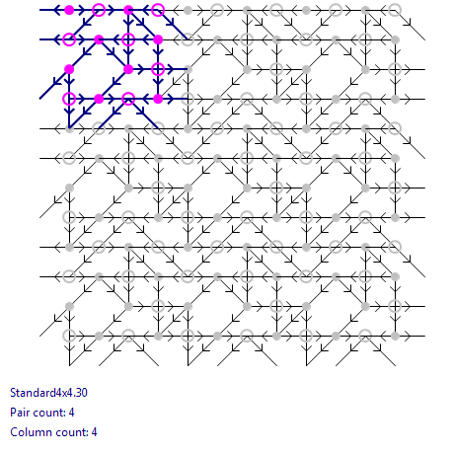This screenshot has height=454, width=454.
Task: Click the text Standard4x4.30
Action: point(48,393)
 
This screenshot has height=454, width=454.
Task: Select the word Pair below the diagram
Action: point(19,413)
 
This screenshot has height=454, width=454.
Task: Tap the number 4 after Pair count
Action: point(71,413)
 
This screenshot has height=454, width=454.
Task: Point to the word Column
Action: point(28,432)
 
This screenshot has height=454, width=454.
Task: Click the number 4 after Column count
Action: point(94,432)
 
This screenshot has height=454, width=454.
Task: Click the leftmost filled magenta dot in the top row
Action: point(69,10)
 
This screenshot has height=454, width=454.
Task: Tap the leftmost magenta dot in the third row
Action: point(69,69)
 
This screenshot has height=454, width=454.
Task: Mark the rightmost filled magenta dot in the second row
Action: point(158,39)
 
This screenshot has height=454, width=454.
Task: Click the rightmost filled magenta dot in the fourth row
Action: point(158,99)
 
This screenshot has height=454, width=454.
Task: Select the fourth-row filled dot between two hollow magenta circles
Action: point(99,99)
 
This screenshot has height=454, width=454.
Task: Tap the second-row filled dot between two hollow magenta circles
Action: point(99,39)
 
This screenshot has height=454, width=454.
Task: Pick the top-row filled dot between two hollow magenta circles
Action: point(128,10)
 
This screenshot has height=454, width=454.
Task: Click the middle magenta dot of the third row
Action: point(128,69)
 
